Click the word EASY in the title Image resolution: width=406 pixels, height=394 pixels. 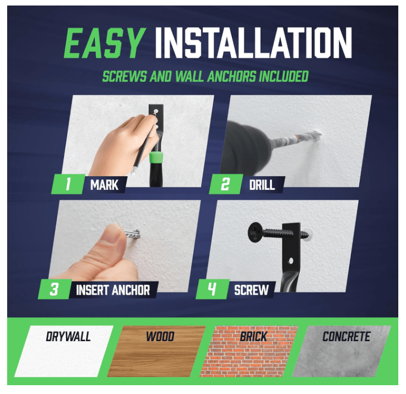[105, 43]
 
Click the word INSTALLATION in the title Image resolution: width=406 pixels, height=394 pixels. [253, 43]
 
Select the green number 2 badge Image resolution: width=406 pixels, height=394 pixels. [224, 184]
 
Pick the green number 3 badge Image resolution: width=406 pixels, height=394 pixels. [54, 289]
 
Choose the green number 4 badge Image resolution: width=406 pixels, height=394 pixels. [212, 289]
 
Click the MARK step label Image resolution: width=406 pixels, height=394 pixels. [104, 185]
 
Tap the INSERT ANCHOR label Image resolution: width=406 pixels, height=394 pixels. [112, 290]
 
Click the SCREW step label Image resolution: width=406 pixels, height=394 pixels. [251, 290]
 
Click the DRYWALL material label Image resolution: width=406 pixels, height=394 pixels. [68, 336]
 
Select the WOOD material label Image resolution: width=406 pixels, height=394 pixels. [160, 336]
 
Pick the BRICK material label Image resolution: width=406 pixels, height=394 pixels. [253, 336]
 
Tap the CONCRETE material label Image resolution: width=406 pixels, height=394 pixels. [346, 336]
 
